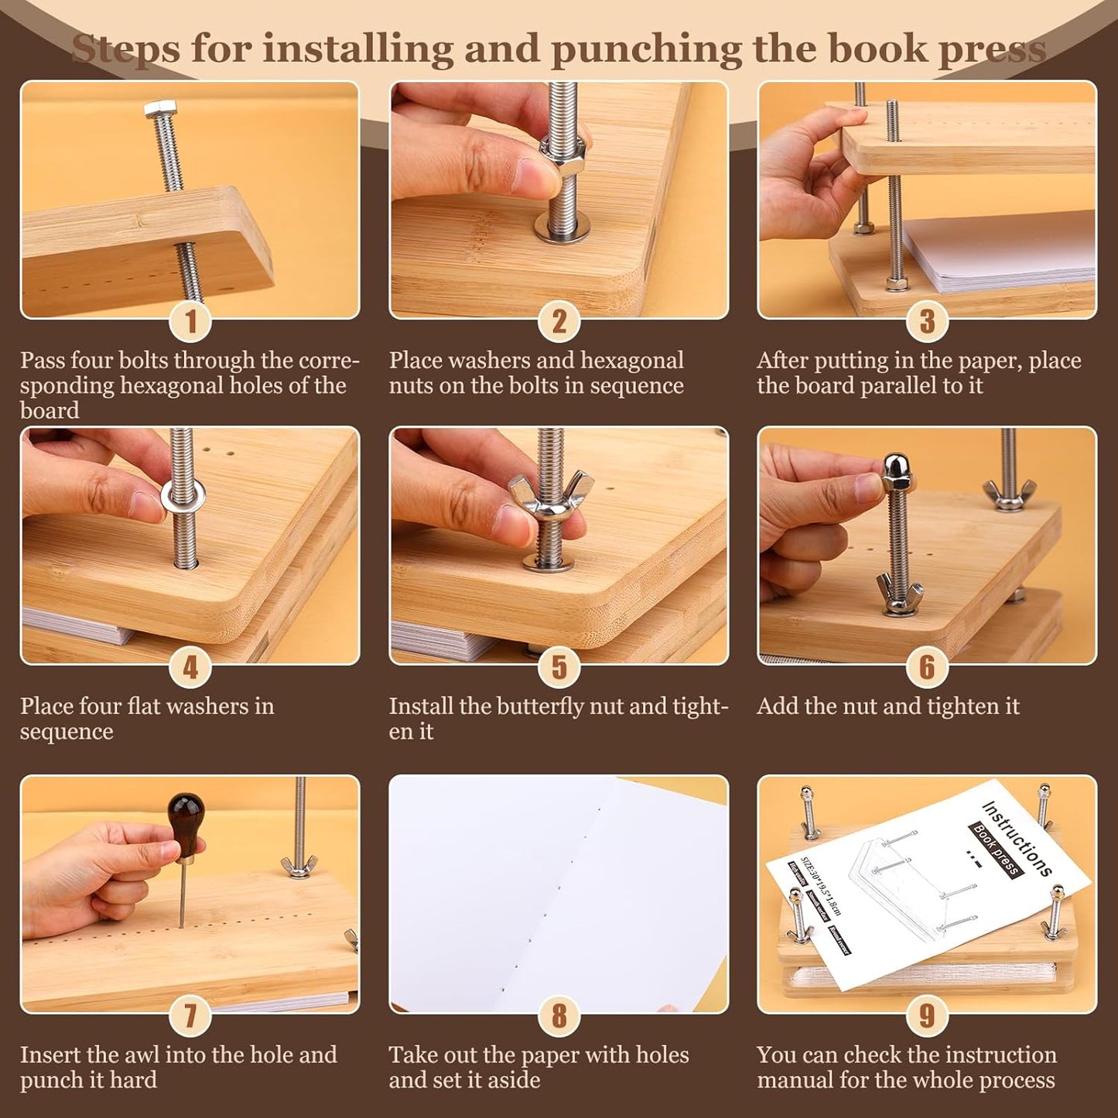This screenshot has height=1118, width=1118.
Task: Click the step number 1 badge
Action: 190,321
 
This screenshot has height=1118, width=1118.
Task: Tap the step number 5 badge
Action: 559,667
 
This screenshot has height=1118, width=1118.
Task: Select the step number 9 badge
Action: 927,1015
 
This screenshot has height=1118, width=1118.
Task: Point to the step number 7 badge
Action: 190,1015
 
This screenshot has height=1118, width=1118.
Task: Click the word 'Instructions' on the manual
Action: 1017,839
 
